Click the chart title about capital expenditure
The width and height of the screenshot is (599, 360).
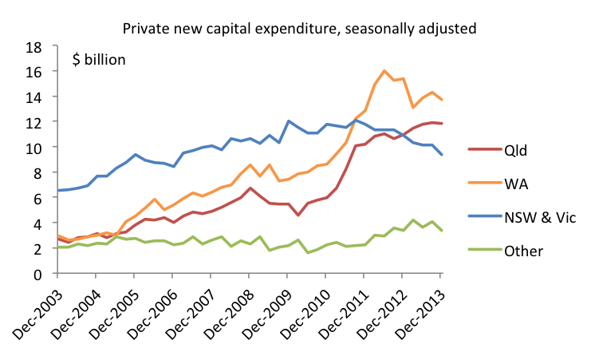(299, 29)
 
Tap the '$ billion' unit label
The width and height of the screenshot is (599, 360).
(100, 60)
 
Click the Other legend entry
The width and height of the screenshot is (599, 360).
(523, 250)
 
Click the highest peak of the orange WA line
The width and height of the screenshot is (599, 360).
(384, 70)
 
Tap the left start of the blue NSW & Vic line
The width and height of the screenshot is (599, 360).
(58, 190)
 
